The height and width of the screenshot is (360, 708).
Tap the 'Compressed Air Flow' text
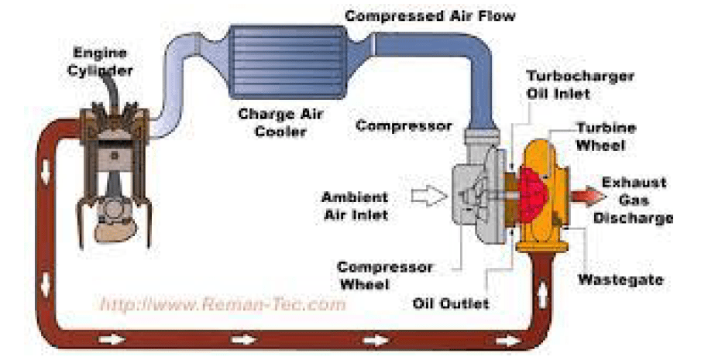[429, 15]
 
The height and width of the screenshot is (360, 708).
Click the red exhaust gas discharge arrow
[590, 197]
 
